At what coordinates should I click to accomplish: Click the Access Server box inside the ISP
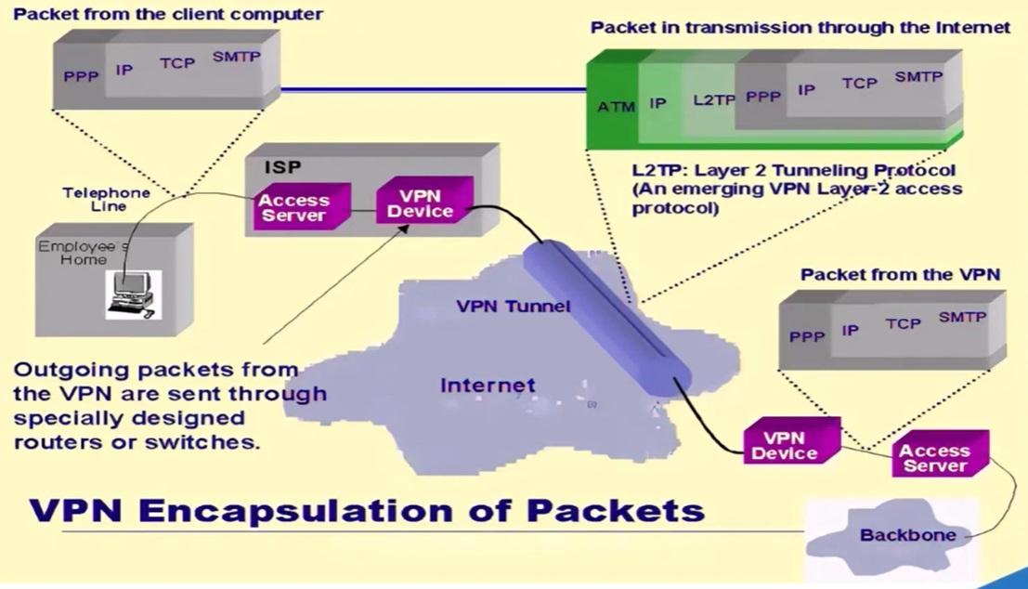(293, 207)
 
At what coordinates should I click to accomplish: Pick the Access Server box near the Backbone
(934, 458)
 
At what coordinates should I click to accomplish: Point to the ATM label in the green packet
(616, 107)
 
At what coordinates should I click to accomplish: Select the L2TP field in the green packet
(713, 99)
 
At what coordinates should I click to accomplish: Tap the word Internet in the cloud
(488, 385)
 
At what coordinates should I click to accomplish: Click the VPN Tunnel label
(514, 306)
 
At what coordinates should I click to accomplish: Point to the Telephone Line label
(106, 199)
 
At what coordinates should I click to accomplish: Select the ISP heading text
(283, 168)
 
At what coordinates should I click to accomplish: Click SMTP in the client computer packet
(237, 57)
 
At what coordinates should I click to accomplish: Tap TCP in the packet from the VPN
(903, 323)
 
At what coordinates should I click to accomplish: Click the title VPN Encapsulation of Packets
(367, 510)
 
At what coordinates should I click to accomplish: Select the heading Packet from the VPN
(900, 274)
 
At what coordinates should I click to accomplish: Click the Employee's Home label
(84, 254)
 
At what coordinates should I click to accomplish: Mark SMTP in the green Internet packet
(918, 77)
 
